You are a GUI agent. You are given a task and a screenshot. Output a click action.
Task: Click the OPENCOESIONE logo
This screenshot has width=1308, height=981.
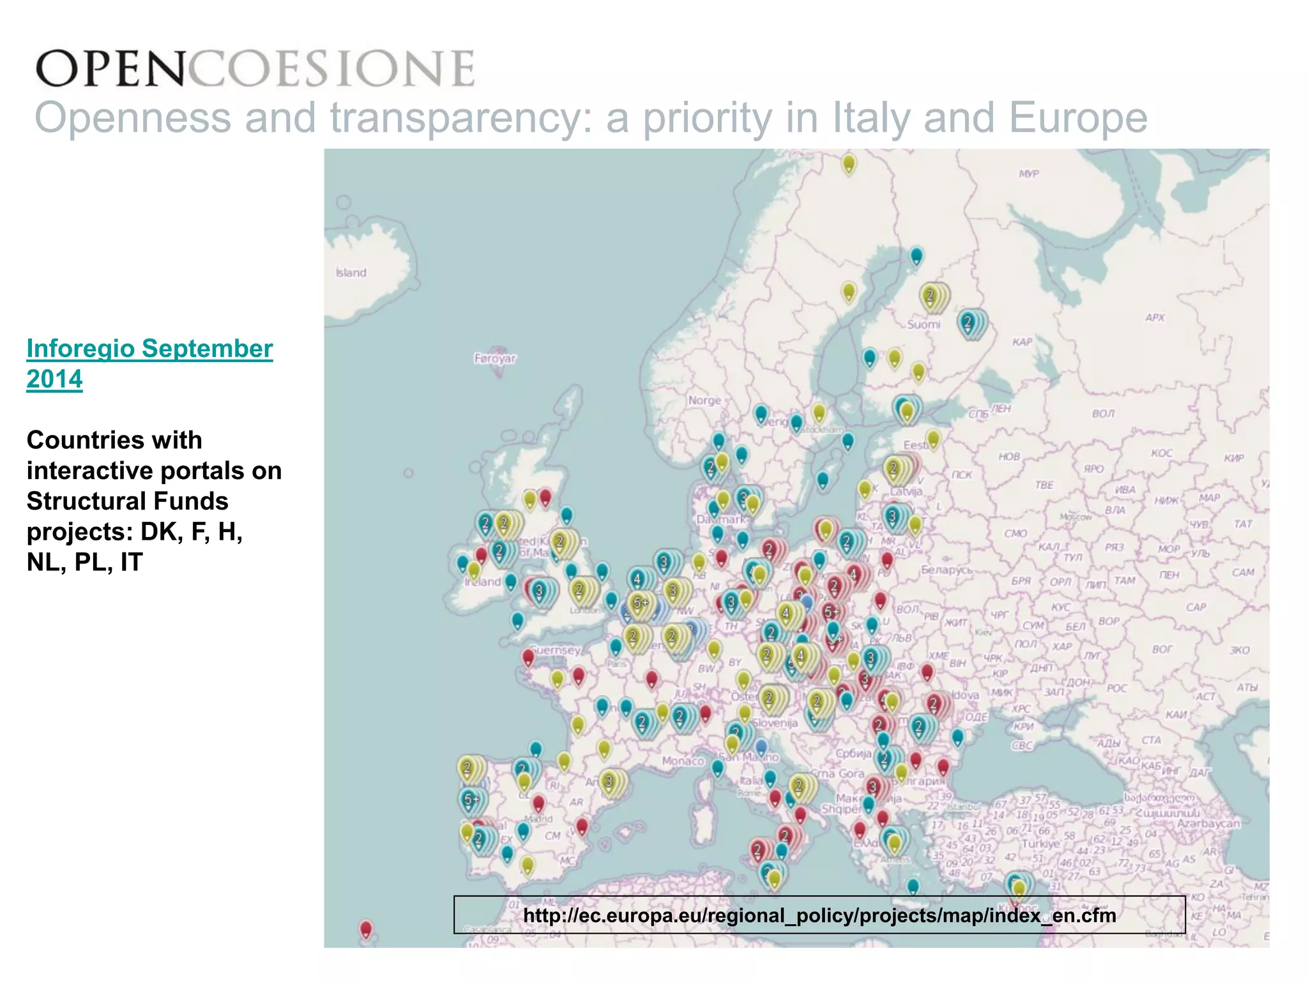pyautogui.click(x=255, y=68)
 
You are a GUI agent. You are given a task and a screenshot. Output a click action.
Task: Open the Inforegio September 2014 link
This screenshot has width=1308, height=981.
pyautogui.click(x=149, y=363)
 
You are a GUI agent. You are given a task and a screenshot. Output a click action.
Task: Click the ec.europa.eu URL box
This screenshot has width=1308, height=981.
pyautogui.click(x=819, y=915)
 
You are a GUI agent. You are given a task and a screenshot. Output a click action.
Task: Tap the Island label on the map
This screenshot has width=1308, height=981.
pyautogui.click(x=351, y=273)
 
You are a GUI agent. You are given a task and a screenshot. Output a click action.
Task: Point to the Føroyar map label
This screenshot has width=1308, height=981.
pyautogui.click(x=495, y=358)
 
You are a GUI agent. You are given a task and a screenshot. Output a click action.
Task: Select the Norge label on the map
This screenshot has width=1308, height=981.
pyautogui.click(x=704, y=400)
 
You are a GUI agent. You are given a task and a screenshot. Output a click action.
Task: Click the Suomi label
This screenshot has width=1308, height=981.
pyautogui.click(x=924, y=324)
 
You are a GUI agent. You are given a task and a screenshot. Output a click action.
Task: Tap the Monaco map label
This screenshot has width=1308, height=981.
pyautogui.click(x=683, y=761)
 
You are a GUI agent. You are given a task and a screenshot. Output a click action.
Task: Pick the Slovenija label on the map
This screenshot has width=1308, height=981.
pyautogui.click(x=775, y=723)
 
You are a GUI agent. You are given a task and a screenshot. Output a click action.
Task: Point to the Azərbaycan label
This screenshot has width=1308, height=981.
pyautogui.click(x=1208, y=823)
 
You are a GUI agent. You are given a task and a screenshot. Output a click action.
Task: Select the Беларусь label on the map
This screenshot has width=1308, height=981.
pyautogui.click(x=947, y=570)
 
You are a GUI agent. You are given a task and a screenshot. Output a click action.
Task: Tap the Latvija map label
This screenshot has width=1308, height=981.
pyautogui.click(x=906, y=492)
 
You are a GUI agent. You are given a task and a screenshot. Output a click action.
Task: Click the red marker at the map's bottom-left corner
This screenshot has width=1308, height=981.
pyautogui.click(x=366, y=928)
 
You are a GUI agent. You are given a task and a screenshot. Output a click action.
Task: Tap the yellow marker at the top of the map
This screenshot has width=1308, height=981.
pyautogui.click(x=848, y=163)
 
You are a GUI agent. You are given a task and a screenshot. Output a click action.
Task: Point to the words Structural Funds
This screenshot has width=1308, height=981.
pyautogui.click(x=127, y=501)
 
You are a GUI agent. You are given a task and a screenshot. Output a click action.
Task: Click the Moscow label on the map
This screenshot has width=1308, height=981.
pyautogui.click(x=1076, y=517)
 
